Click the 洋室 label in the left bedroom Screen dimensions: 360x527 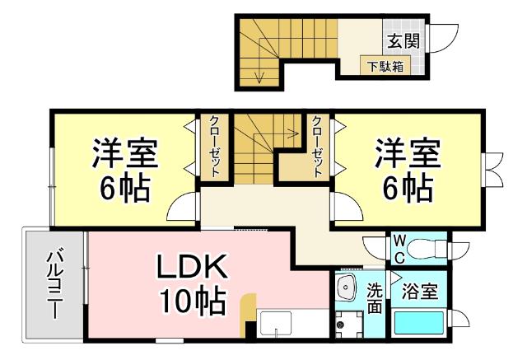pos(124,153)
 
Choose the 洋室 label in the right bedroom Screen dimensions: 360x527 pos(408,153)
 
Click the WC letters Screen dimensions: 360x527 pos(398,246)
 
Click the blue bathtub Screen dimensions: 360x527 pos(419,322)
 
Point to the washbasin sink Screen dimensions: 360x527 pos(347,289)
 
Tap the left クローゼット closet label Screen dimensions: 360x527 pos(213,146)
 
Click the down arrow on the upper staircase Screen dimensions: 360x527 pos(260,74)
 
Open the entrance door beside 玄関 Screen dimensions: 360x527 pos(445,38)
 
